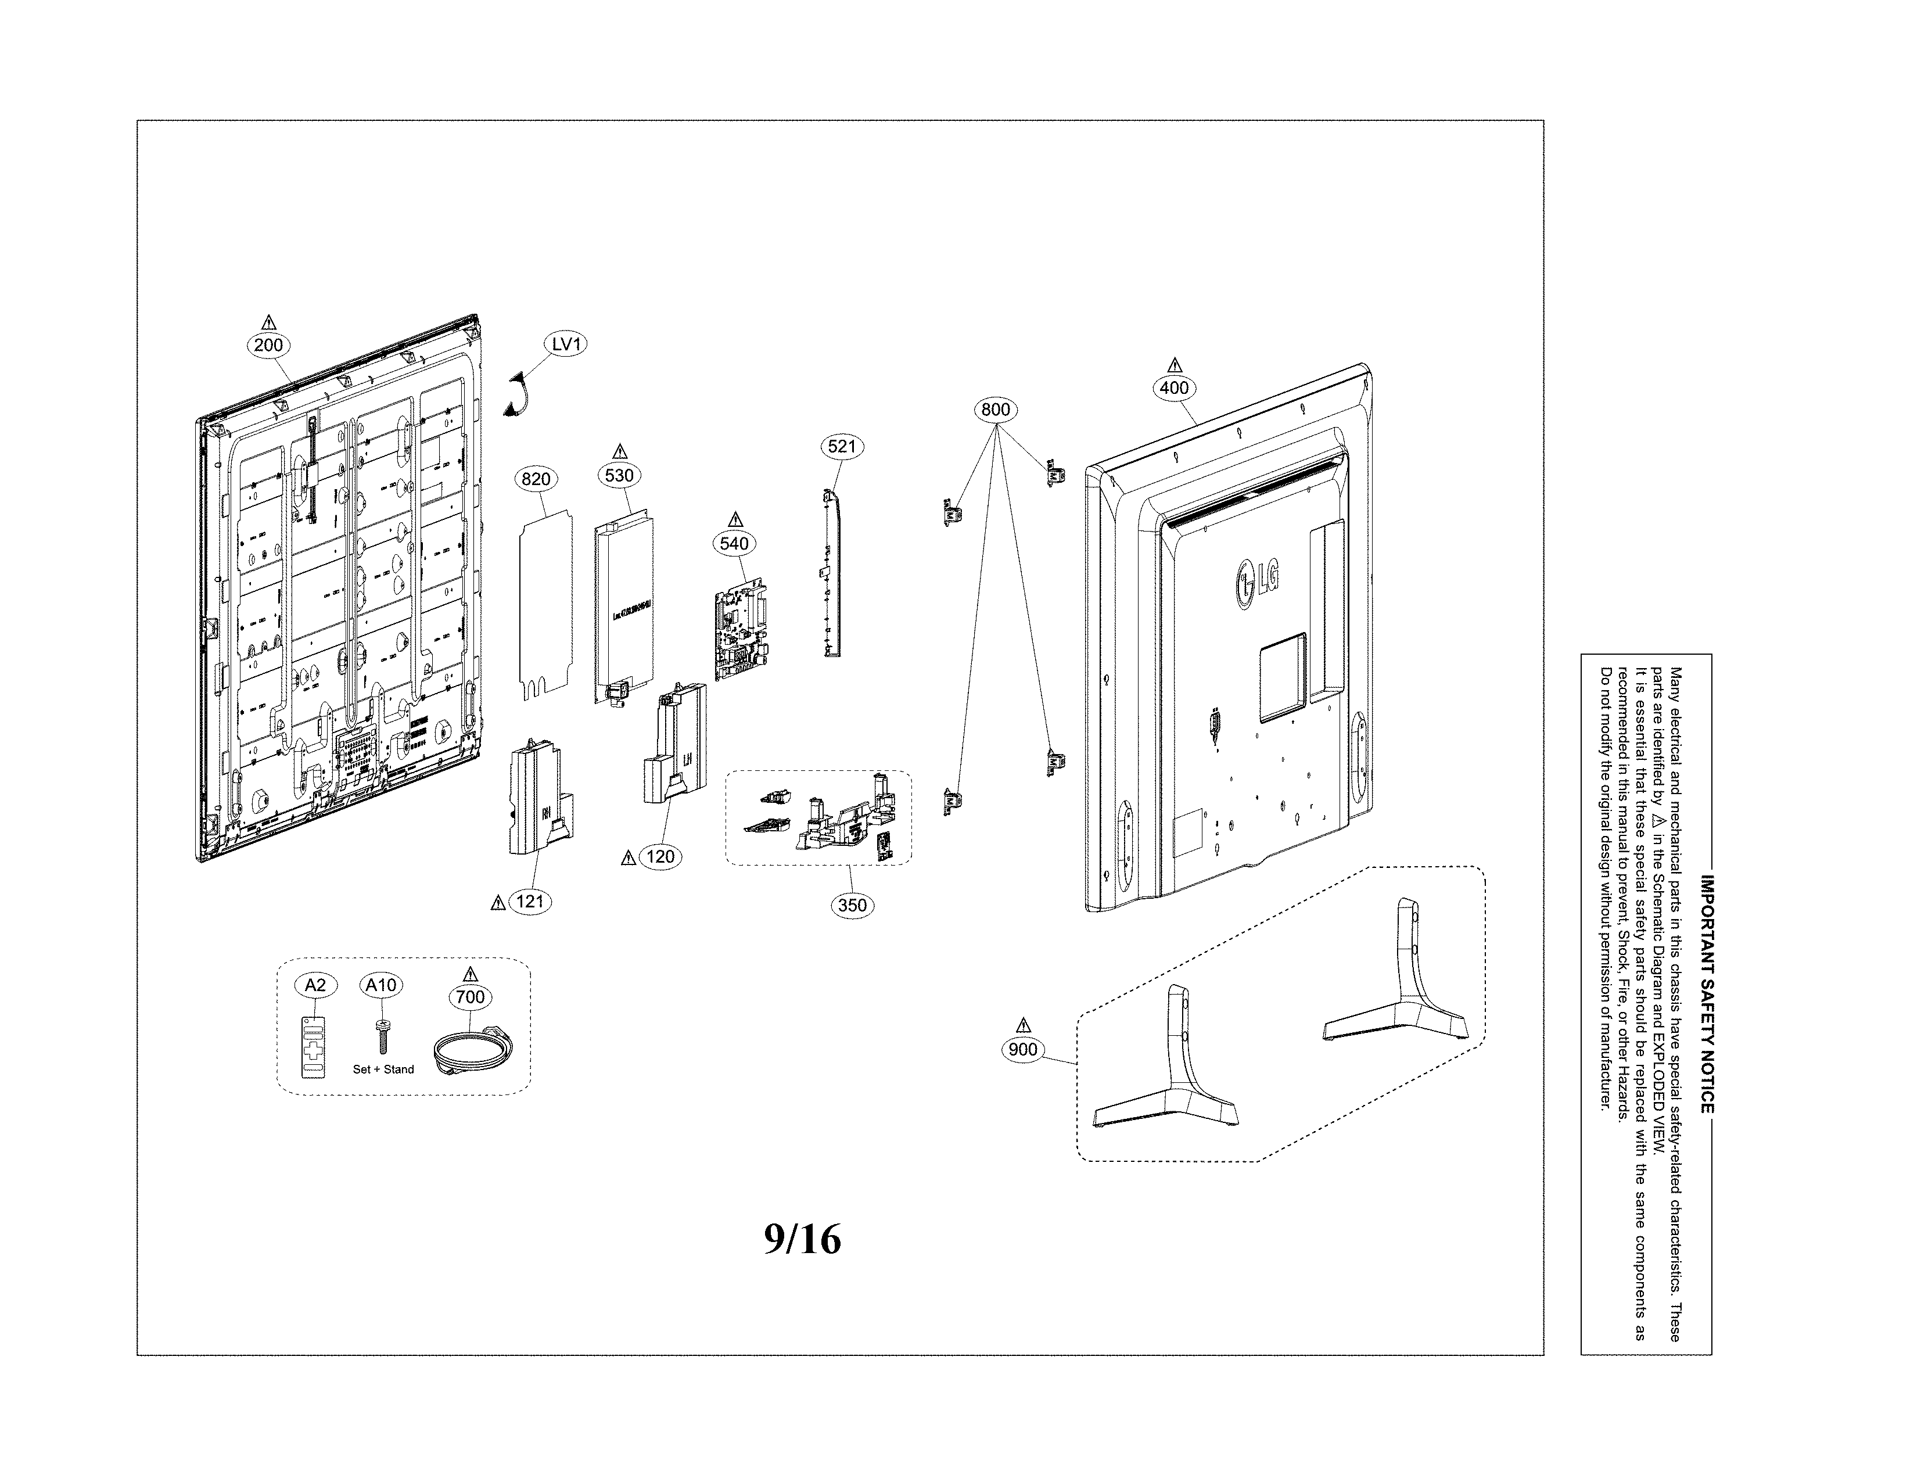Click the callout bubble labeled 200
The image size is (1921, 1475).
(268, 345)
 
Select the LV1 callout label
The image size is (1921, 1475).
(566, 344)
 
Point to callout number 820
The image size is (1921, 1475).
(536, 479)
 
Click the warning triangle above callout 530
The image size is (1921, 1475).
(620, 451)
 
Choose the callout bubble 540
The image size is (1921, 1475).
(734, 544)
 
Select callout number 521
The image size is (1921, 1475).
(841, 446)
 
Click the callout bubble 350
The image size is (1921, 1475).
(852, 905)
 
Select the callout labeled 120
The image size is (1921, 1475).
(660, 857)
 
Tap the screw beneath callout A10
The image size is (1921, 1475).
(383, 1036)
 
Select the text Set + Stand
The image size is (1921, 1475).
(383, 1070)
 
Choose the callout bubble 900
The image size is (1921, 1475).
(1023, 1049)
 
